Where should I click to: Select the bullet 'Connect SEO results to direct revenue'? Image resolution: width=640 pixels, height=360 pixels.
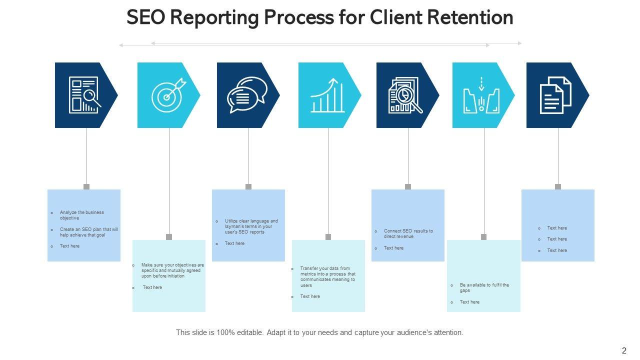408,233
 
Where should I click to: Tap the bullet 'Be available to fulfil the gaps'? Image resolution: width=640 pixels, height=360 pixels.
484,287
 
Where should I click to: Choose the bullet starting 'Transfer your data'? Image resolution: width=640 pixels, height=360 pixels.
327,277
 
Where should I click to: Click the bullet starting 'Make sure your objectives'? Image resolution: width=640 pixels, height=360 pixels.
172,270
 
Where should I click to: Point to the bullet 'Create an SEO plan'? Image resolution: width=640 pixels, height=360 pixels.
89,232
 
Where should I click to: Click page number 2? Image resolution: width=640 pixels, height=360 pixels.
623,350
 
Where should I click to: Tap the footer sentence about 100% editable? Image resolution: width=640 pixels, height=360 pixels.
319,332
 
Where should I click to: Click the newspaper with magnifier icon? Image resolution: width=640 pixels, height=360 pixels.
84,95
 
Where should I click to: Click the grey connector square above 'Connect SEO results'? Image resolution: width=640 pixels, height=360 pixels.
408,186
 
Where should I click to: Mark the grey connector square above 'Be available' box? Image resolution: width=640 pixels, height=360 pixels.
483,237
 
